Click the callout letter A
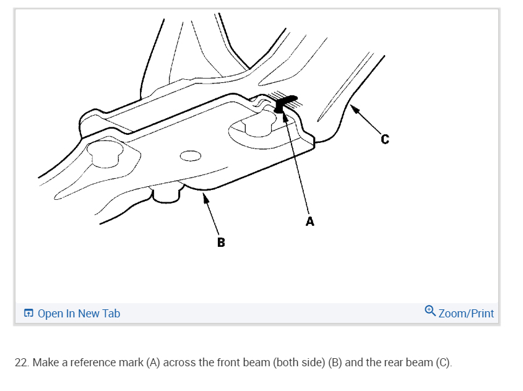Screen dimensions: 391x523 (x=310, y=221)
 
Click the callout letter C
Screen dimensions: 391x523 (x=385, y=140)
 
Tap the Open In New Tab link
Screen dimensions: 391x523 (x=79, y=314)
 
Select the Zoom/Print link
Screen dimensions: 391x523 (x=466, y=314)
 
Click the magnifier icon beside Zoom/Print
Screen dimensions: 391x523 (x=431, y=311)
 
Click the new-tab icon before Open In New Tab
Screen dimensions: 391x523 (x=28, y=314)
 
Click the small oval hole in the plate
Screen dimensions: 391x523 (x=190, y=154)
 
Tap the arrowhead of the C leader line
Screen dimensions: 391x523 (x=353, y=109)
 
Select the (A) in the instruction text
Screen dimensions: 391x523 (x=153, y=363)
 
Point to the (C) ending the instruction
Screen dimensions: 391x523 (x=444, y=363)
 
